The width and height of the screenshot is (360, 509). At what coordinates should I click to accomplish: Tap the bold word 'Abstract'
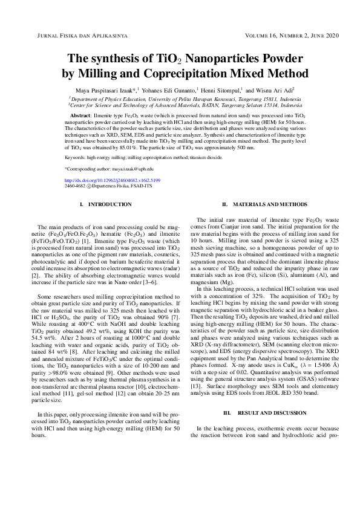pyautogui.click(x=81, y=114)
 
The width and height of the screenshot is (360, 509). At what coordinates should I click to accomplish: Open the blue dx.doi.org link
pyautogui.click(x=113, y=180)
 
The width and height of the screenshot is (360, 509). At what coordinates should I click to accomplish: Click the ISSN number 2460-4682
pyautogui.click(x=75, y=187)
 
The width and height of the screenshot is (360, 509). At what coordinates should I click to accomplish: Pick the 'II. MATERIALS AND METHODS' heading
pyautogui.click(x=265, y=205)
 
